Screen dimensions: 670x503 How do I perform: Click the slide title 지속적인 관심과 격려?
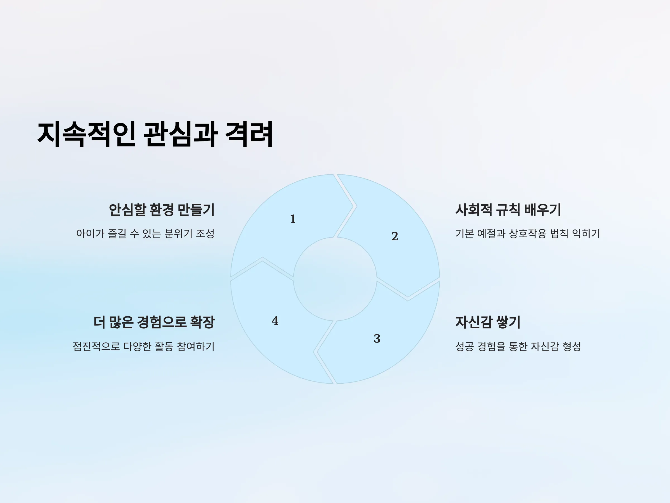(155, 134)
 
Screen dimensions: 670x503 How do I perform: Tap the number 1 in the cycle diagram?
(293, 219)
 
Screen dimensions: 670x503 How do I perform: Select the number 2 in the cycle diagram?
(395, 236)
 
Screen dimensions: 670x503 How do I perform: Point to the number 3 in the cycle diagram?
(377, 338)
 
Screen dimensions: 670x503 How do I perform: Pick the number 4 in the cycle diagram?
(275, 321)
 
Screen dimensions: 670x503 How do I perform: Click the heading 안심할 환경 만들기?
(162, 210)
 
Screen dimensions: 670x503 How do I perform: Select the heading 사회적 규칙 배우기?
(508, 210)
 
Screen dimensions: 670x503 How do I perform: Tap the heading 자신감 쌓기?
(488, 322)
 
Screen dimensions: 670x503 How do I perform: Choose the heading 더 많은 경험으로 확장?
(154, 322)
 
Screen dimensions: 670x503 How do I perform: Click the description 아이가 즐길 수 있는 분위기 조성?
(145, 233)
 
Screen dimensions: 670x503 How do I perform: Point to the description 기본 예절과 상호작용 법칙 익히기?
(528, 233)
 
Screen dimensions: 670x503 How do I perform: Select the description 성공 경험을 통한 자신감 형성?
(518, 346)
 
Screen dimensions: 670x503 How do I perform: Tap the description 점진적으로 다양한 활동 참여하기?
(143, 346)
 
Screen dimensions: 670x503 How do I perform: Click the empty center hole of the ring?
(335, 279)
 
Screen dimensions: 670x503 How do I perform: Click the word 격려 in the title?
(249, 134)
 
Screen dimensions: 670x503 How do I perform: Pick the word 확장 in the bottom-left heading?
(202, 322)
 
